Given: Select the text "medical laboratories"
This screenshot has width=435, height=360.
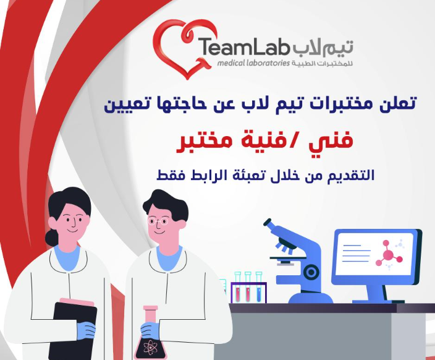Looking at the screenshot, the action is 253,63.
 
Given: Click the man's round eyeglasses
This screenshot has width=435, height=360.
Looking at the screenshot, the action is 158,221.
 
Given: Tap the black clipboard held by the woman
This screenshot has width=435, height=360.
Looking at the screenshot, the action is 74,330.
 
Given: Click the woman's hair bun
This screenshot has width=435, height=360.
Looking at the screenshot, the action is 52,238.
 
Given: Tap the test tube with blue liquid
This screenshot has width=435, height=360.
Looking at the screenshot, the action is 259,287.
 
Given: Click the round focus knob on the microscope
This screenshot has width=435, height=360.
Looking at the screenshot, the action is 311,273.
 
